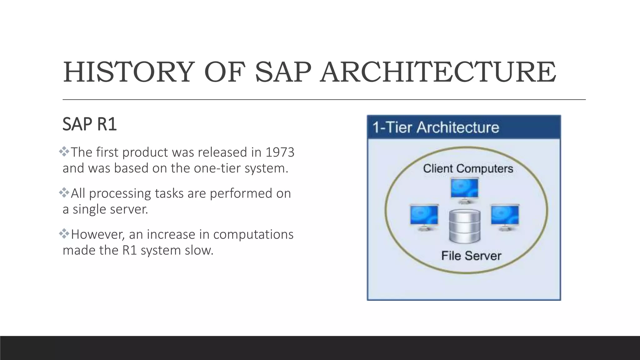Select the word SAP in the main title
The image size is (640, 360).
[x=283, y=72]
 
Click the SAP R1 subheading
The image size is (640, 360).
[x=90, y=124]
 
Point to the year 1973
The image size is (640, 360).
[x=280, y=152]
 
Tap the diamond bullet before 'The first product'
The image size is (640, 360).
[x=64, y=152]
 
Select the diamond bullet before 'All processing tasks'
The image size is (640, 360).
[x=64, y=192]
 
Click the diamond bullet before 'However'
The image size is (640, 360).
[x=64, y=233]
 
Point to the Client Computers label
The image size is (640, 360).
[x=468, y=168]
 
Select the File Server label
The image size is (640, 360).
[x=471, y=256]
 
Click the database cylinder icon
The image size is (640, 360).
[x=465, y=226]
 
